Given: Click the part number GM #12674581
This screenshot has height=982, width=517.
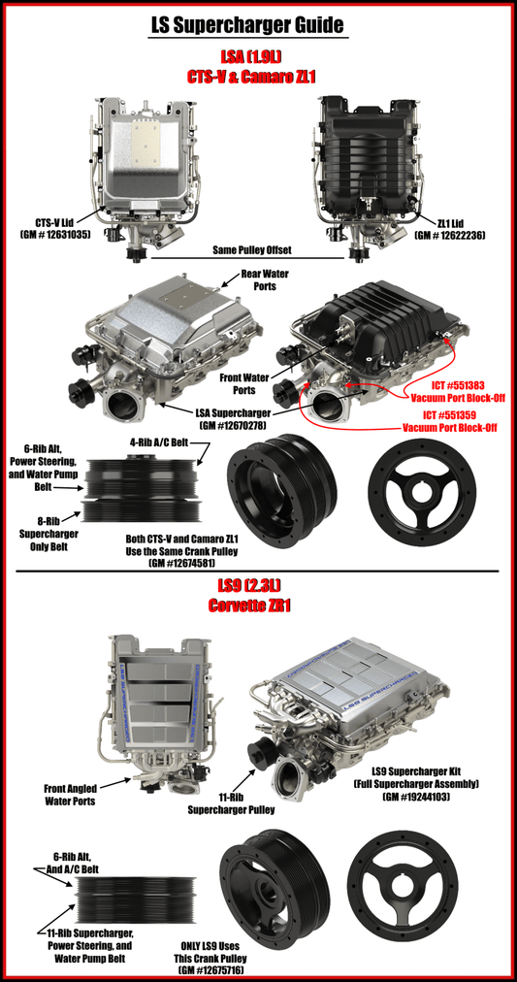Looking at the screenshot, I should click(x=182, y=563).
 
